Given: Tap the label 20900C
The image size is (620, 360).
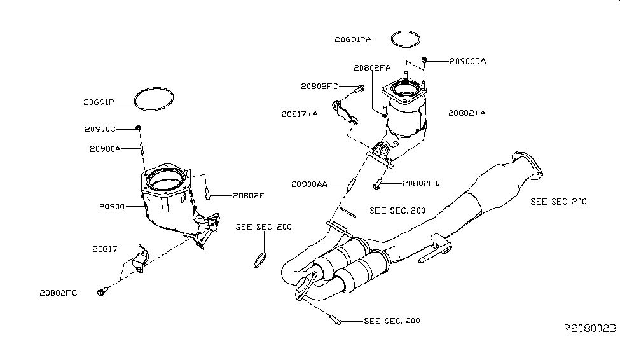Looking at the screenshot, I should coord(100,129).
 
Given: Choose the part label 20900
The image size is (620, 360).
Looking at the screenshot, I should coord(112,207).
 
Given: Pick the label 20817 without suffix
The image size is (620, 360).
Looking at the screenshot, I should coord(104,250).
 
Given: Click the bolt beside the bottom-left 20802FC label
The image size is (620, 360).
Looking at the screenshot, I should coord(100,292).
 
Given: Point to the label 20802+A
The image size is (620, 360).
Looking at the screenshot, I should coord(467,113).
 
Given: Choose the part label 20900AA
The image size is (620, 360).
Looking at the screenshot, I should coord(310,184).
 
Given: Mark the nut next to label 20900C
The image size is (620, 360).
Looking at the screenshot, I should coord(138,128).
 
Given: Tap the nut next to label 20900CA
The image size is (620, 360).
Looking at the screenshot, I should coord(425,60).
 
